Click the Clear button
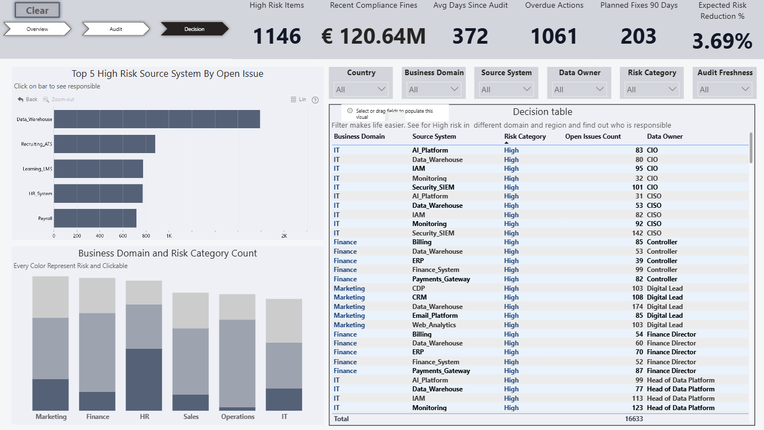pos(37,11)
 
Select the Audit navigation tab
pos(115,29)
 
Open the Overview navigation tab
pos(37,29)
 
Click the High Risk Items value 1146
pos(277,36)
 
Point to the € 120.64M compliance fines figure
pos(373,36)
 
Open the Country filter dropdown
pos(361,90)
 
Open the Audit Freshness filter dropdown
pos(724,90)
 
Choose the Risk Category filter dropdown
pos(651,90)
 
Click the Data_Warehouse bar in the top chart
pos(157,119)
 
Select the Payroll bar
pos(95,218)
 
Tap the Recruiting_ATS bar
pos(104,144)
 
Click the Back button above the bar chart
pos(28,99)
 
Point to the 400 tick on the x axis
pos(99,236)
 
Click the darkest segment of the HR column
pos(144,380)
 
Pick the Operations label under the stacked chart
pos(238,417)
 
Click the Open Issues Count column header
pos(593,137)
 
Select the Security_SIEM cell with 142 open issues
pos(433,233)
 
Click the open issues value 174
pos(637,306)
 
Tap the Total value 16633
pos(634,419)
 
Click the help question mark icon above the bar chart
pos(315,100)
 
